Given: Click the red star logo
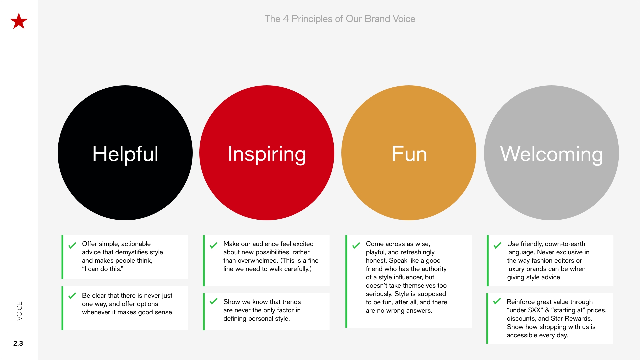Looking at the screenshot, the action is coord(19,21).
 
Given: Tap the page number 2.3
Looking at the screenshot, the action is coord(18,343).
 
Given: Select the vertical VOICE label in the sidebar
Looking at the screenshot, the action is coord(19,311).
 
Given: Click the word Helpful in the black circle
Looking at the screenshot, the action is coord(125,154).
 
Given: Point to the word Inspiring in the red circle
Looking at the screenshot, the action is coord(267,154).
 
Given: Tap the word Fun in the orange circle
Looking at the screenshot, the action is coord(409,154).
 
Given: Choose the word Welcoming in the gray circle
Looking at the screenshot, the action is coord(551,154).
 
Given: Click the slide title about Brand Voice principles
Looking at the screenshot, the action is coord(340,19).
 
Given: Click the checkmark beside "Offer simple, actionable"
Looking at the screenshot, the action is coord(72,246).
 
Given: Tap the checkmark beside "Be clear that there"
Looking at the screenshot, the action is coord(72,296).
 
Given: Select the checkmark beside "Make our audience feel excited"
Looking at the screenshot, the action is coord(213,246).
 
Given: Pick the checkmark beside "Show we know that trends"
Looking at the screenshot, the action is coord(213,301).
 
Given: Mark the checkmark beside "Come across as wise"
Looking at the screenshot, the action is coord(356,246).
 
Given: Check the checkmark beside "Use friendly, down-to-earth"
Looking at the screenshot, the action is coord(497,246).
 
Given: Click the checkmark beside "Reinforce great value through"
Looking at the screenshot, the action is coord(497,301).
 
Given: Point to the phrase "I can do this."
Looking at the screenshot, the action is coord(103,269).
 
